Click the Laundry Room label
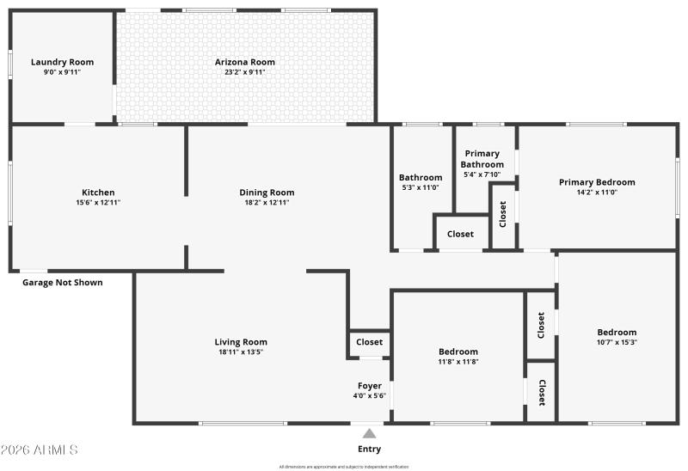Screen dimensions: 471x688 point(62,62)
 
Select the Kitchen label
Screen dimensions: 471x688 point(98,193)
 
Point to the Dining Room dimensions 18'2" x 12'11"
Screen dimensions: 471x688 point(267,203)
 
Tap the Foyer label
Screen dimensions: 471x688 point(370,386)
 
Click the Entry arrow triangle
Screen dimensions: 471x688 point(369,434)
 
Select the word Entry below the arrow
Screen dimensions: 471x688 point(369,449)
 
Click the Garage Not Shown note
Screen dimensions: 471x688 point(62,282)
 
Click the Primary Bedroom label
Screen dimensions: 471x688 point(597,182)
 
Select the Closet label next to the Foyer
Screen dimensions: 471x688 point(370,342)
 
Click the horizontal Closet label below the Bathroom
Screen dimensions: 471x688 point(460,234)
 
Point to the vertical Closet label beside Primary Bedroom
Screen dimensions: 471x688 point(503,214)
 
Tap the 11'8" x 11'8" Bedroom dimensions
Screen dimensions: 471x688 point(458,362)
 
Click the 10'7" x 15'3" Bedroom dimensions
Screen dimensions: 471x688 point(617,342)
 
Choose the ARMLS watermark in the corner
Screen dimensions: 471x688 point(40,450)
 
